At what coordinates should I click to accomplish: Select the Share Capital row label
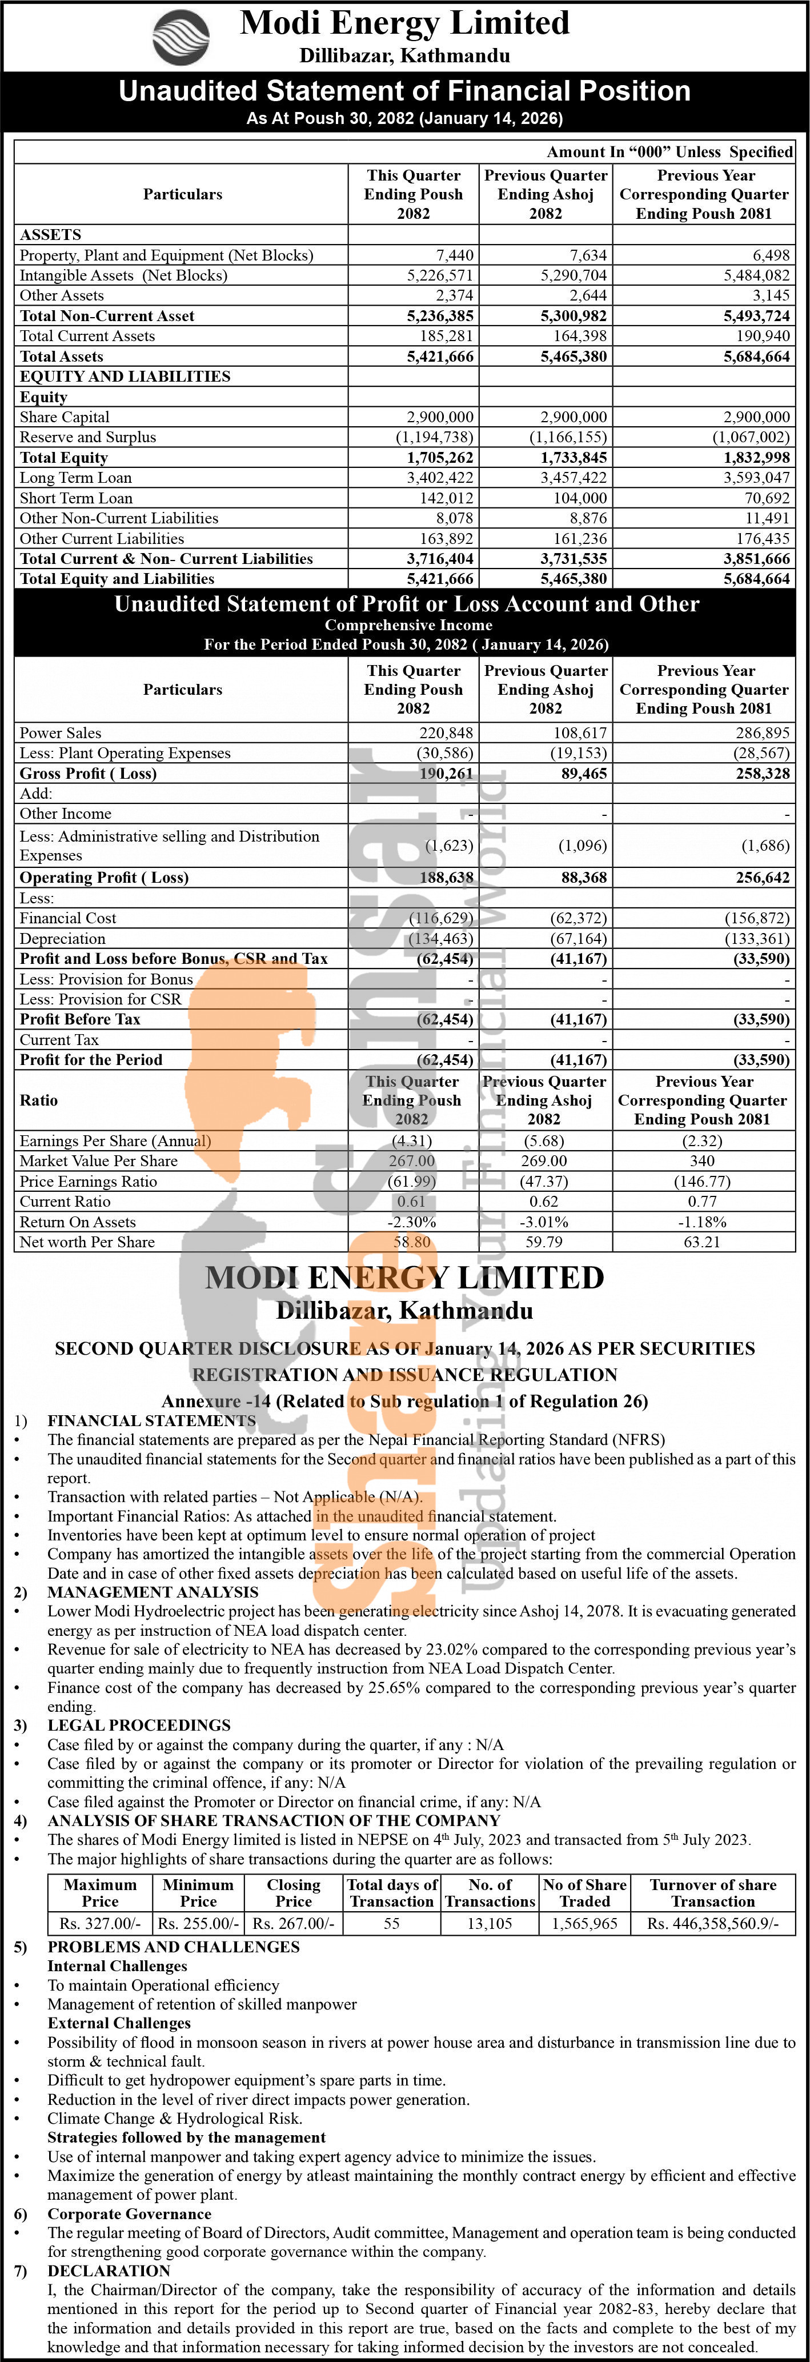point(65,417)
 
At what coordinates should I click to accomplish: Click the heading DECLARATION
point(109,2271)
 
